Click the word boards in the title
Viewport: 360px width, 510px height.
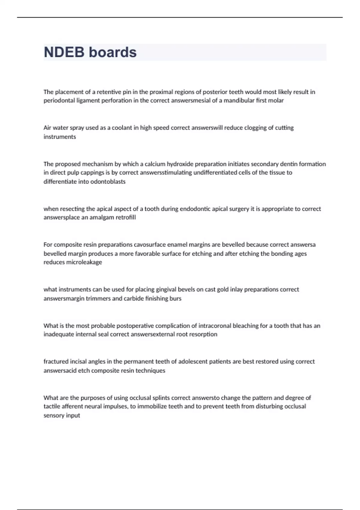tap(113, 52)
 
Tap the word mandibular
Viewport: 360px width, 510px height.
tap(239, 100)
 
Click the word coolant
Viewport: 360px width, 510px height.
tap(122, 128)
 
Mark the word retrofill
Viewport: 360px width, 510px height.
tap(124, 217)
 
